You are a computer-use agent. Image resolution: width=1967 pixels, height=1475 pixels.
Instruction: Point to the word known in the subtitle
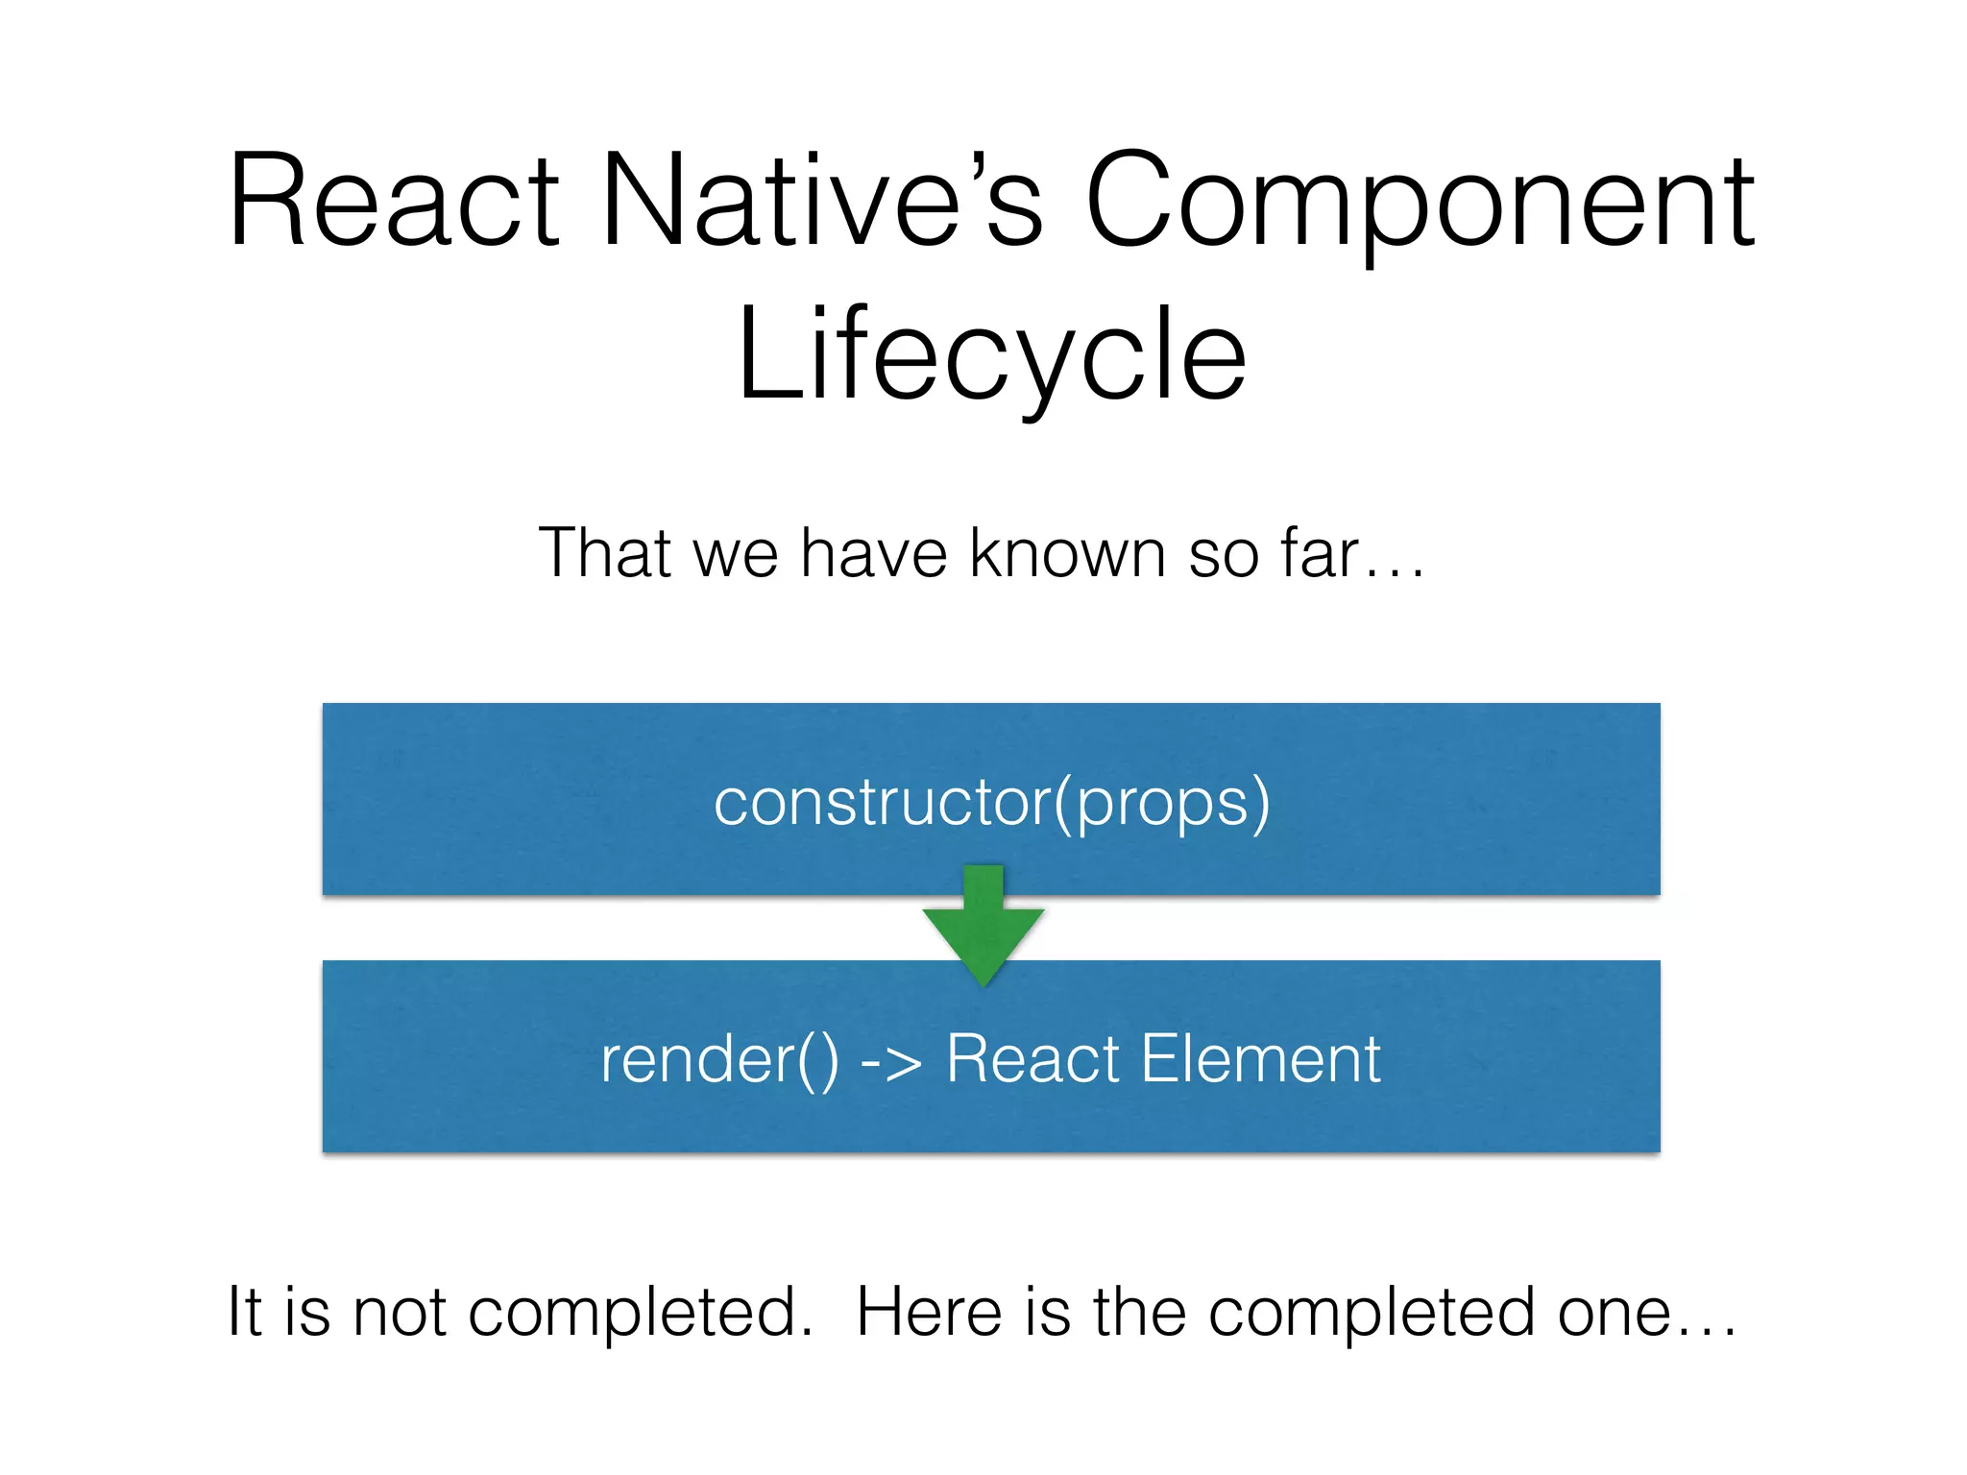(x=1067, y=553)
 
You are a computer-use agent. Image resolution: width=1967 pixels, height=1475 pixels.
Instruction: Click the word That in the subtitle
(x=604, y=553)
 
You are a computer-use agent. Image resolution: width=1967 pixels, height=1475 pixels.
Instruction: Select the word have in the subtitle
(x=874, y=553)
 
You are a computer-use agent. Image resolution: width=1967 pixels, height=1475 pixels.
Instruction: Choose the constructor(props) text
(x=991, y=802)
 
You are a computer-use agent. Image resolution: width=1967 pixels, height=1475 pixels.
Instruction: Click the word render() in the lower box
(x=719, y=1059)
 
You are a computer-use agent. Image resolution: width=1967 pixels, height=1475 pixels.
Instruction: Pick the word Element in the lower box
(x=1260, y=1059)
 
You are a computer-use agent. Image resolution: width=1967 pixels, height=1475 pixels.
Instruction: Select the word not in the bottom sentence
(x=399, y=1312)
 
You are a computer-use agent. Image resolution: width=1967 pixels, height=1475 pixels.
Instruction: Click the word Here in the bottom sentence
(x=929, y=1312)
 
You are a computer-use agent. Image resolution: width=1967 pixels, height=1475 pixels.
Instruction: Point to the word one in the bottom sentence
(x=1615, y=1312)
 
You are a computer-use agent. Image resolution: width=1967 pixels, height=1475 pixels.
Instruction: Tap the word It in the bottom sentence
(x=244, y=1312)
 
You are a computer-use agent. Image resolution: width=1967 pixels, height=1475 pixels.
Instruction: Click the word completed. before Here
(x=640, y=1312)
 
